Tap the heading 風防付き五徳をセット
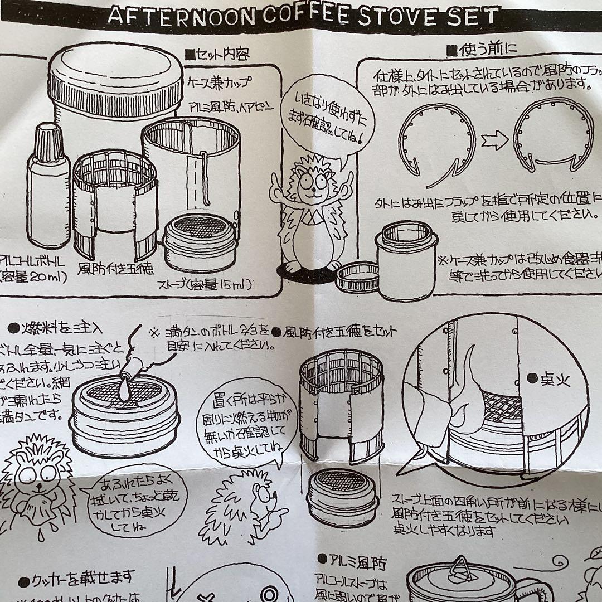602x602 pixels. (337, 331)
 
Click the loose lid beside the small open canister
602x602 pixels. (357, 276)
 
